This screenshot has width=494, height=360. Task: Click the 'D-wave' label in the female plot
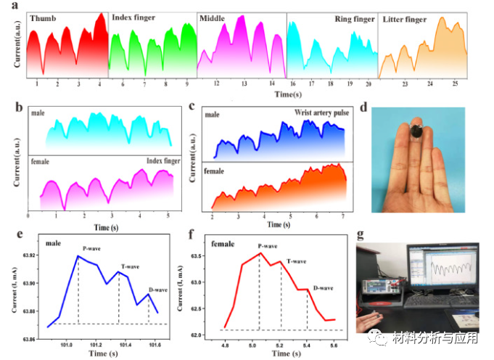click(323, 289)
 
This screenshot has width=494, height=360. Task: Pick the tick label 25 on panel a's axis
click(454, 85)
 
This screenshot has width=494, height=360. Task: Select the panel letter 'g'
click(362, 234)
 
